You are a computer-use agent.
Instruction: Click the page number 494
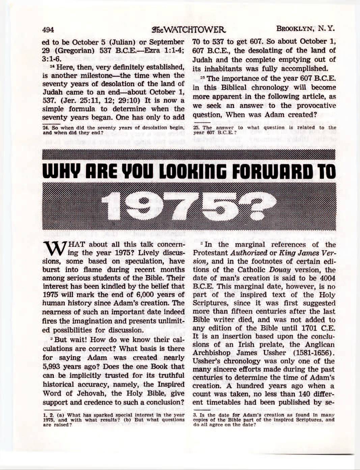tap(48, 30)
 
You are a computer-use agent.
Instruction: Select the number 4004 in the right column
tap(326, 278)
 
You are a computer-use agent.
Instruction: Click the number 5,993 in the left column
tap(54, 367)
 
